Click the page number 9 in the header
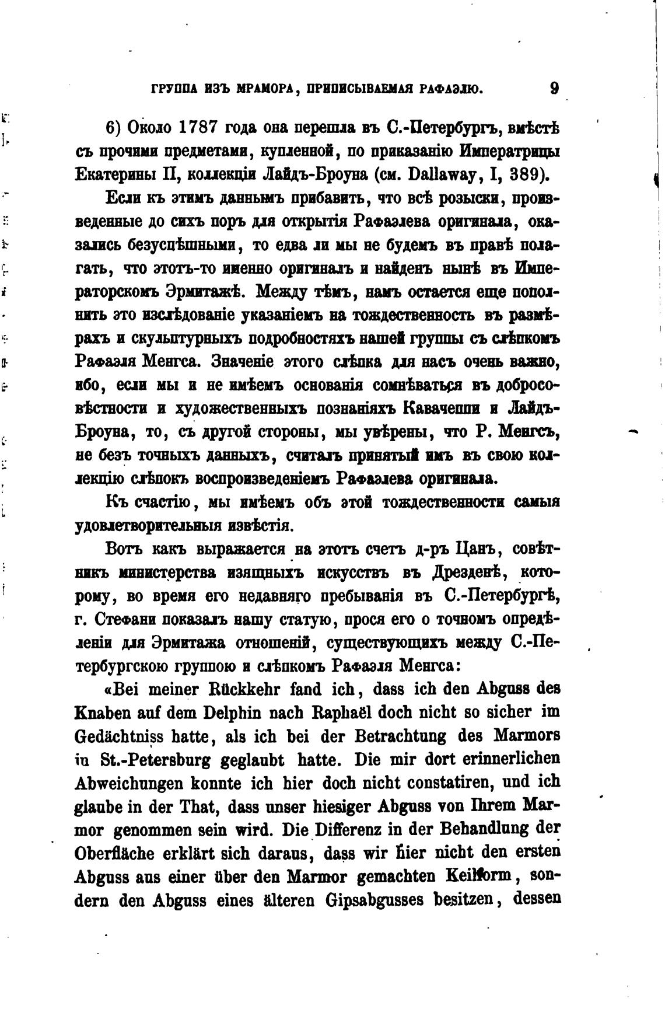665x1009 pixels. [x=554, y=89]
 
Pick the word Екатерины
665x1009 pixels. [x=111, y=174]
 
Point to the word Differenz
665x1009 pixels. [x=356, y=829]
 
